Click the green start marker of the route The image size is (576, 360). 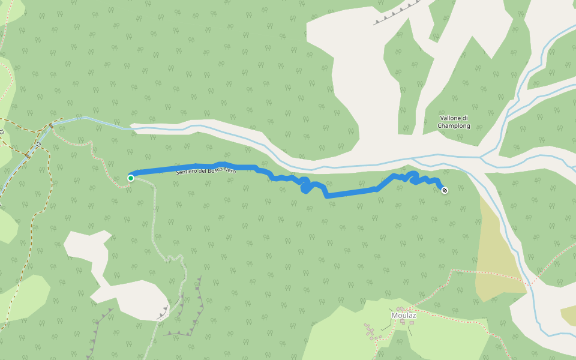[x=130, y=178]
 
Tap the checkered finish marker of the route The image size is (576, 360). [x=445, y=190]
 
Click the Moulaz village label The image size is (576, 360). [x=404, y=316]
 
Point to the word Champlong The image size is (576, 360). [x=454, y=126]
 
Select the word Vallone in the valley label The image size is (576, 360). [x=450, y=118]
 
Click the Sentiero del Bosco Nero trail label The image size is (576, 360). [x=206, y=171]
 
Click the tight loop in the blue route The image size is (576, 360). [x=305, y=187]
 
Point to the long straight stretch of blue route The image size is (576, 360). [x=351, y=192]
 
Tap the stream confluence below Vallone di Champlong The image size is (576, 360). [x=482, y=158]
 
